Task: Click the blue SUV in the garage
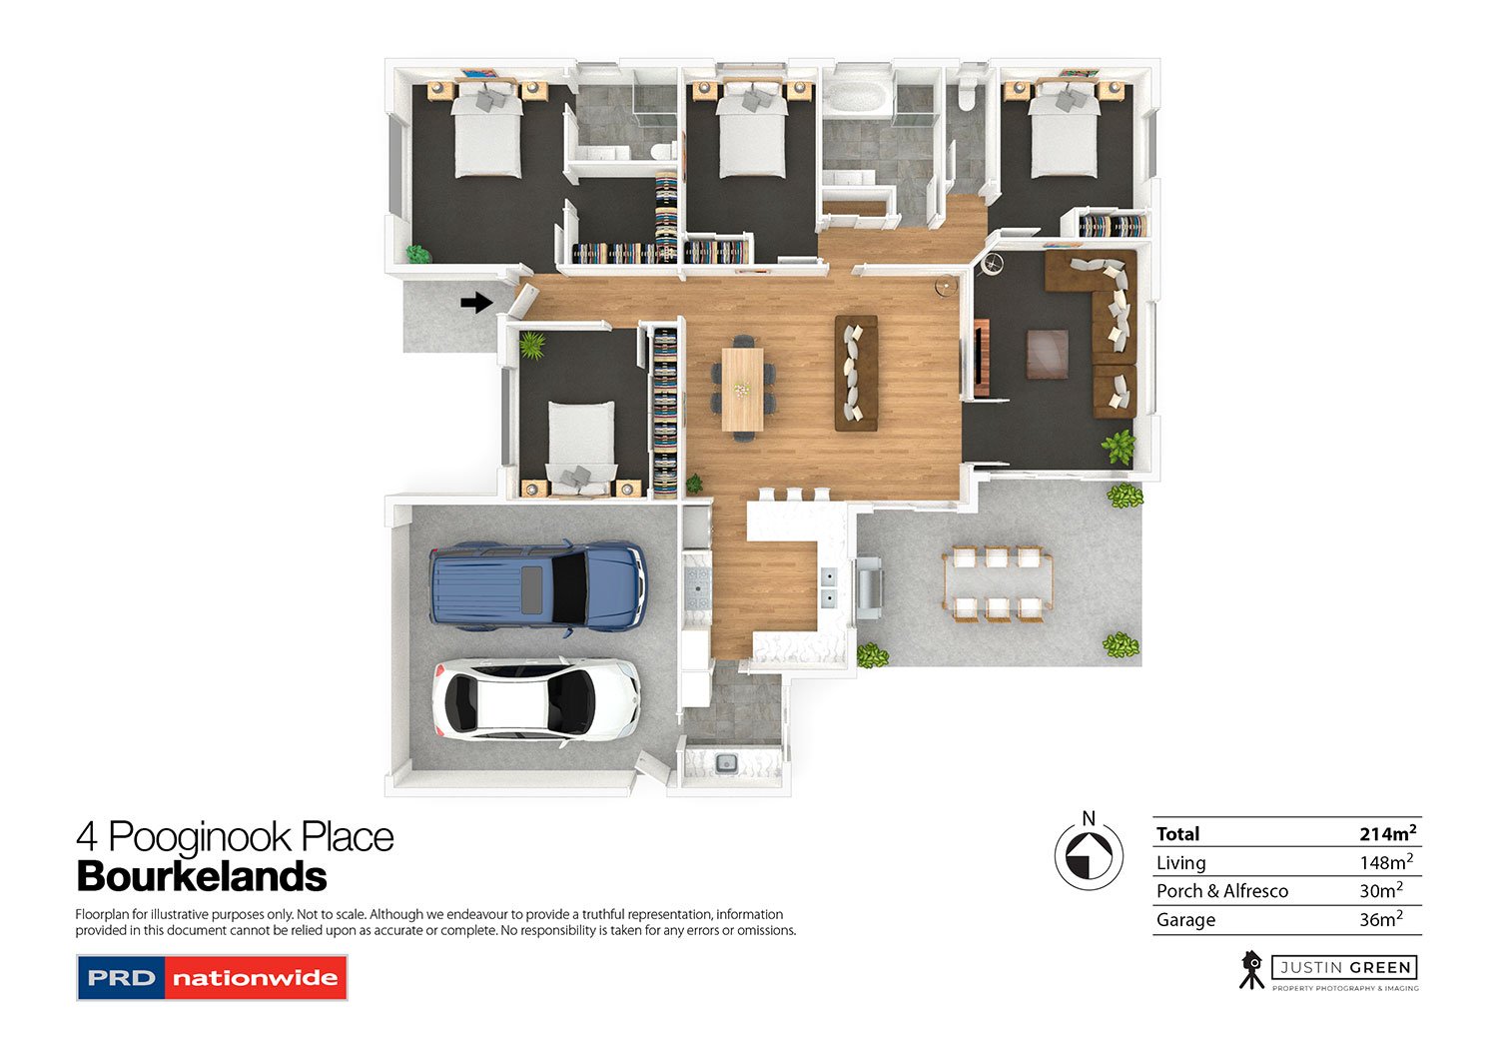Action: coord(537,587)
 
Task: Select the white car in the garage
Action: coord(536,699)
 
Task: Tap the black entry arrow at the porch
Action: coord(476,302)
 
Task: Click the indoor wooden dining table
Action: coord(742,388)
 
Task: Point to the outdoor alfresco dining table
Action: coord(997,583)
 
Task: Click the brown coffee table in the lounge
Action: coord(1048,354)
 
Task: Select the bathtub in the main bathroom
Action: coord(852,98)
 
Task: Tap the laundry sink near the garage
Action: coord(726,763)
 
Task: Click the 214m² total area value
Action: coord(1386,833)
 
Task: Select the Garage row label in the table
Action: coord(1185,920)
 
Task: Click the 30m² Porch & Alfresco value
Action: coord(1380,890)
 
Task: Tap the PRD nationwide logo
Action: coord(212,978)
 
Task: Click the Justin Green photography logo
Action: coord(1328,970)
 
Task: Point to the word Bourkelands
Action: coord(202,876)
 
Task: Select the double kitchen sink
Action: coord(828,586)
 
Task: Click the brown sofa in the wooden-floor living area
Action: coord(856,374)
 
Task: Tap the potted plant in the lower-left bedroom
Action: coord(532,346)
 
